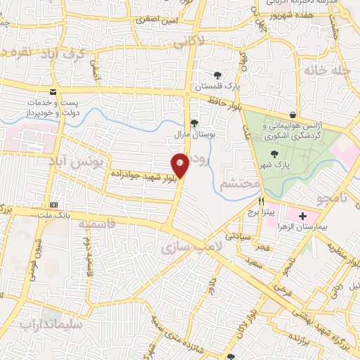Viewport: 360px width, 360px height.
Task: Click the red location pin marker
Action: tap(181, 165)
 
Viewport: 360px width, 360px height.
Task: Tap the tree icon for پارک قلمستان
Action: tap(217, 75)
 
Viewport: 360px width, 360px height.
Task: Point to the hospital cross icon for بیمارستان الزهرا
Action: tap(303, 215)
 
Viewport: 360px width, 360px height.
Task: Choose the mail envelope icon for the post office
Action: tap(53, 92)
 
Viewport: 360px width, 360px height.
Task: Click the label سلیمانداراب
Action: tap(53, 326)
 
